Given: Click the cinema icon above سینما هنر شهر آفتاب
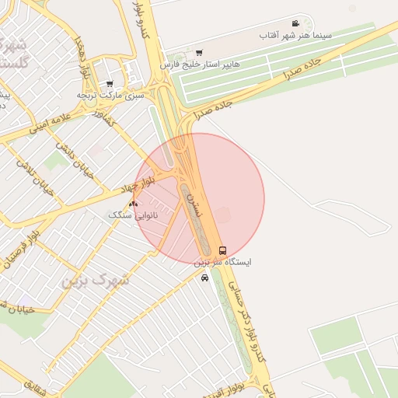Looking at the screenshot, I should tap(295, 23).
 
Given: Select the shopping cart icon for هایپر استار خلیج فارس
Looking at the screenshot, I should tap(200, 53).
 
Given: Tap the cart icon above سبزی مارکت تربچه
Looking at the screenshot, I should tap(110, 83).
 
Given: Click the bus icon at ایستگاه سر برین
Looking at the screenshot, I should tap(223, 250).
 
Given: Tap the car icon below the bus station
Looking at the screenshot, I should tap(204, 278).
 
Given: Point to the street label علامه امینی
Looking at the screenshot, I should tap(48, 125).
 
